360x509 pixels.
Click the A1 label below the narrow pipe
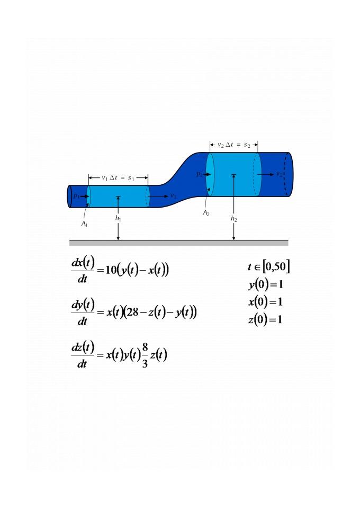(x=84, y=224)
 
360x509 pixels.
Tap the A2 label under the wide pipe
(x=206, y=213)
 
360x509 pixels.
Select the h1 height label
(x=118, y=218)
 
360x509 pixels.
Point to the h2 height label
(x=234, y=218)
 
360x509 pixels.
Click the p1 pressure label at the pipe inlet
(x=76, y=196)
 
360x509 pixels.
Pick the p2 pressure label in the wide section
(x=199, y=174)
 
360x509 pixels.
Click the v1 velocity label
(x=174, y=196)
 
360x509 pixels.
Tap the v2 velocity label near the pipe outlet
(x=279, y=174)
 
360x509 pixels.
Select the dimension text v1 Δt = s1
(x=118, y=178)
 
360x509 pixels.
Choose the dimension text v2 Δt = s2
(x=234, y=145)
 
